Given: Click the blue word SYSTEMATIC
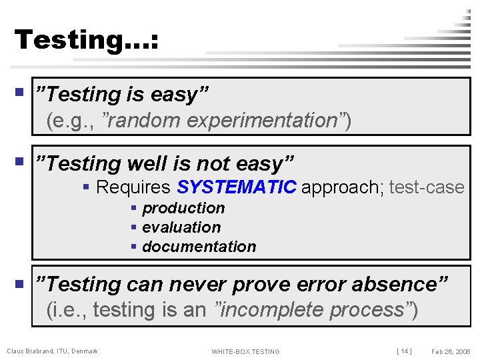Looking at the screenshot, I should pyautogui.click(x=237, y=187).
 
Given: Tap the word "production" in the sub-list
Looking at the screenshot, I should pyautogui.click(x=183, y=208).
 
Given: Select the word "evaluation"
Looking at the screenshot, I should pyautogui.click(x=181, y=227).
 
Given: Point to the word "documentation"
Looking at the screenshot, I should pyautogui.click(x=199, y=247).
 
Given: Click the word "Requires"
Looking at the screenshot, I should pyautogui.click(x=134, y=187).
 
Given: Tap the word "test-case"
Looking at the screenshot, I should pyautogui.click(x=427, y=187).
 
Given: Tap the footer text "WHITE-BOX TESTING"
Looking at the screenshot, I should pyautogui.click(x=245, y=351).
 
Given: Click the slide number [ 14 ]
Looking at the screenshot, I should pyautogui.click(x=404, y=351).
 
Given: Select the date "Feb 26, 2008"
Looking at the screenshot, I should pyautogui.click(x=451, y=351).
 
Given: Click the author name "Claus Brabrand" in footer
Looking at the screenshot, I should pyautogui.click(x=27, y=351).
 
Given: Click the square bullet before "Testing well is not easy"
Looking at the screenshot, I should pyautogui.click(x=19, y=161).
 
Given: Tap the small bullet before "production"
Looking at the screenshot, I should pyautogui.click(x=134, y=209).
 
